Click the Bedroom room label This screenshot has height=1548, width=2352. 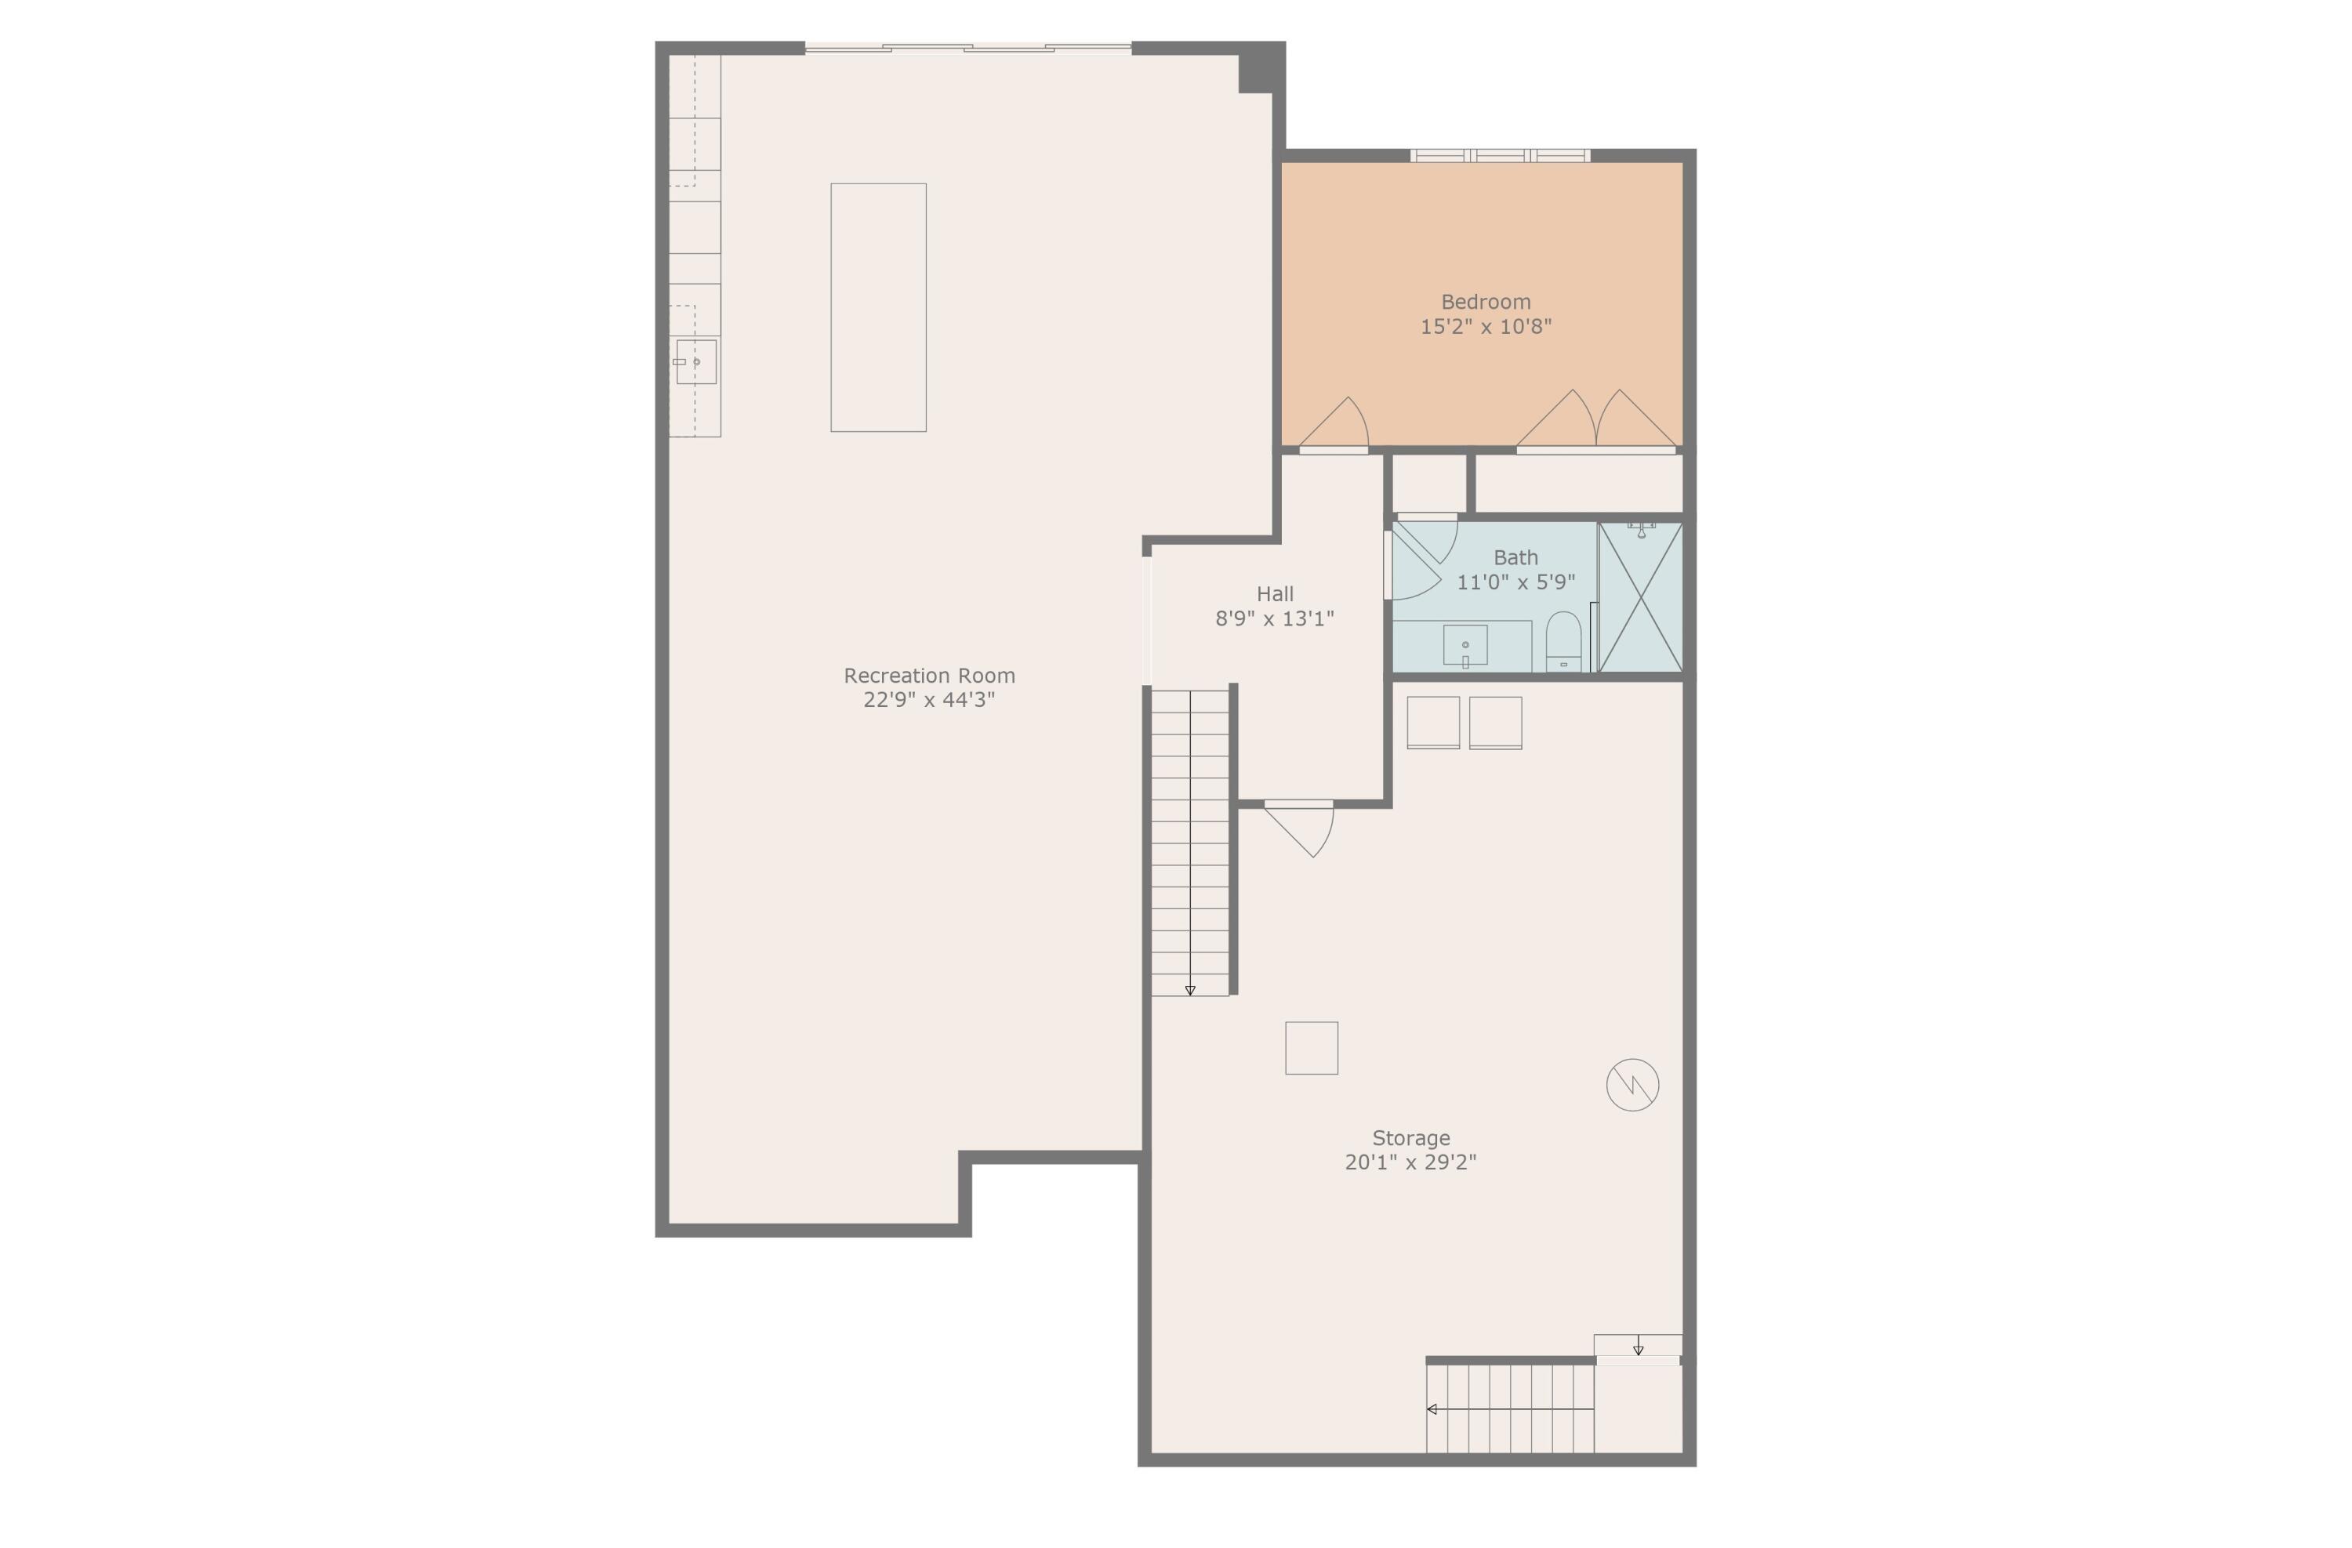tap(1486, 303)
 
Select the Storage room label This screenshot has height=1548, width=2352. tap(1410, 1138)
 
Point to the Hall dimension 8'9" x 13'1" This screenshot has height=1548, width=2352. tap(1274, 619)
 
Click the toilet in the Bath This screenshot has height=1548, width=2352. tap(1563, 642)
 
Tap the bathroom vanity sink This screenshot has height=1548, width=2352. tap(1465, 645)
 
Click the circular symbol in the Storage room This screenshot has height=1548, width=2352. tap(1632, 1085)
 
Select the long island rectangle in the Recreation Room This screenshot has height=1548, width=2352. tap(877, 307)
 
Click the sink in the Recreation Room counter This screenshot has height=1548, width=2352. tap(695, 361)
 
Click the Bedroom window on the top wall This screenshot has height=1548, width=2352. tap(1499, 155)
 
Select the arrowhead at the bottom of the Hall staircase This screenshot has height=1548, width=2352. tap(1190, 990)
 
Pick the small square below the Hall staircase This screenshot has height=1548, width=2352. tap(1312, 1048)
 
